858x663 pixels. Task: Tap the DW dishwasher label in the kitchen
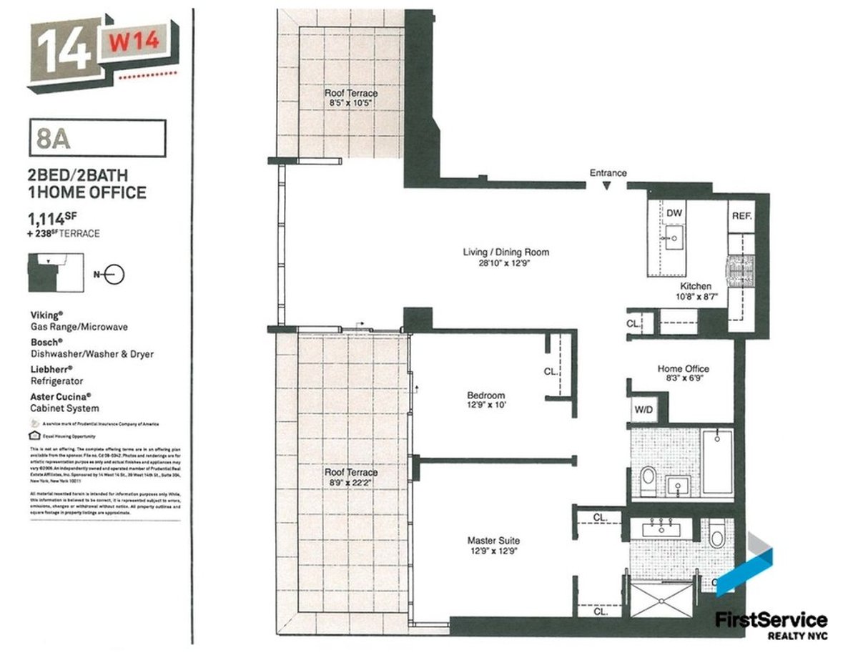674,213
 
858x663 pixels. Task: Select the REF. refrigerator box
740,215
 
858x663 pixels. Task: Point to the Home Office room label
684,369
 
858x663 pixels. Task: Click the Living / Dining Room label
506,252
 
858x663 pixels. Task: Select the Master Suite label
493,541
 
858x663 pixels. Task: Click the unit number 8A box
97,137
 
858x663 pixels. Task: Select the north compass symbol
114,273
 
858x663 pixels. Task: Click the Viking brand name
46,315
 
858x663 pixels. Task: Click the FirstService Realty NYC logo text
771,624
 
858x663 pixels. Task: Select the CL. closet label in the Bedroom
551,372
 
